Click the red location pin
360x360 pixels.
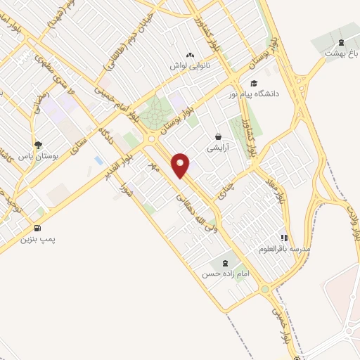181,165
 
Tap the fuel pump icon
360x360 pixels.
37,229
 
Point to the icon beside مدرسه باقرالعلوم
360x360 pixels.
284,238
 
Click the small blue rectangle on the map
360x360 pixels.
98,161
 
